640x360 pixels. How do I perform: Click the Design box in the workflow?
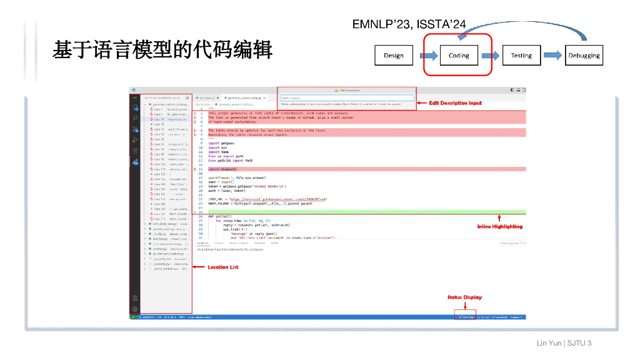(x=394, y=55)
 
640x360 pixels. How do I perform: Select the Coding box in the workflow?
(x=459, y=55)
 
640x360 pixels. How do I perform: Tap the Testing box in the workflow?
(x=521, y=55)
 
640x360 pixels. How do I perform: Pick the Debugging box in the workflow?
(x=584, y=55)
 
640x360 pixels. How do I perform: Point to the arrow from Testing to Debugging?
(x=554, y=55)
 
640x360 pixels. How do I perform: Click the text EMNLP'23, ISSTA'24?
(x=409, y=24)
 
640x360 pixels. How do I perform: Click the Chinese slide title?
(x=162, y=49)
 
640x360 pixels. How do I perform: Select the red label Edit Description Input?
(x=456, y=102)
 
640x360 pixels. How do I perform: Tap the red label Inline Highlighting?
(x=499, y=226)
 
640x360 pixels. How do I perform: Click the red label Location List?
(x=222, y=267)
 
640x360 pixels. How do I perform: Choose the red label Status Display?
(x=464, y=297)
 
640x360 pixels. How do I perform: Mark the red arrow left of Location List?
(x=199, y=267)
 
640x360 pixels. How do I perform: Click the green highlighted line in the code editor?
(x=362, y=212)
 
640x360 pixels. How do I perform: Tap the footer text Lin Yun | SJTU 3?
(x=564, y=343)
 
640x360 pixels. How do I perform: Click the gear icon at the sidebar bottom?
(x=135, y=309)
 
